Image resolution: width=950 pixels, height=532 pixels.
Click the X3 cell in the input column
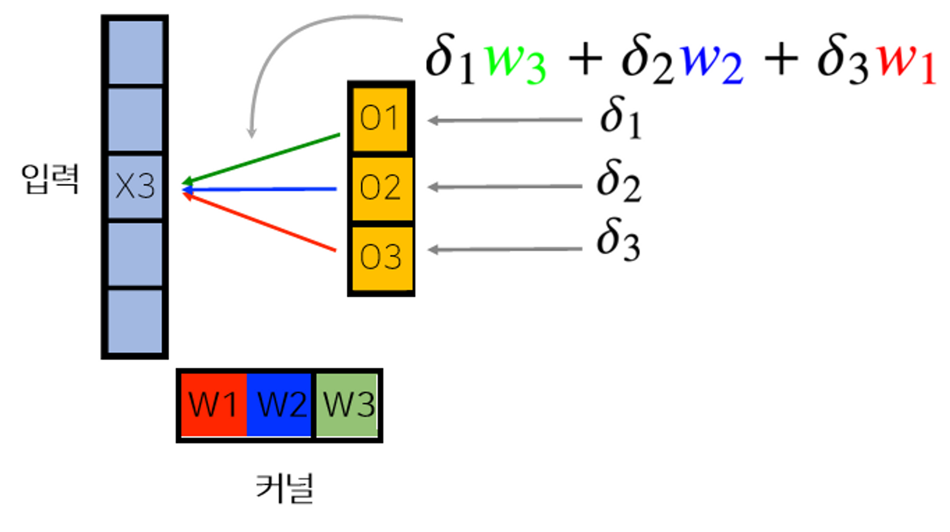(135, 186)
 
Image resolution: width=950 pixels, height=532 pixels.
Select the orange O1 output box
(380, 119)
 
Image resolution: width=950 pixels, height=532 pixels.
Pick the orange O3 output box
(380, 257)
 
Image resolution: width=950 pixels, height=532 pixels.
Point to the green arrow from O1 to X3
(262, 158)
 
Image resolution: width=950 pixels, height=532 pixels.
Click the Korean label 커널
(285, 488)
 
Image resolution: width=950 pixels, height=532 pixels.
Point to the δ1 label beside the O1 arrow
(620, 118)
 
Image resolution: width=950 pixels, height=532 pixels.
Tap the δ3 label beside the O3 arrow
(618, 240)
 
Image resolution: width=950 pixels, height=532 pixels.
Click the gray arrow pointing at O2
(505, 187)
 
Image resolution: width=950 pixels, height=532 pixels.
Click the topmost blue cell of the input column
(135, 52)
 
